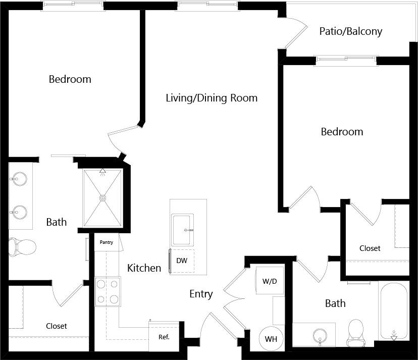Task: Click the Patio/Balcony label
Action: point(350,31)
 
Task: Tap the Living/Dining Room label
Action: point(212,98)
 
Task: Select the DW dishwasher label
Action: point(182,261)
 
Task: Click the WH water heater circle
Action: point(271,339)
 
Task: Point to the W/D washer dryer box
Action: point(269,281)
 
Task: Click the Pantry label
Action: point(106,242)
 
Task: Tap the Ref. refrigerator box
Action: point(164,337)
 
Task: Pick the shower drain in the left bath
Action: point(103,198)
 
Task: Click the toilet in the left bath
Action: point(22,247)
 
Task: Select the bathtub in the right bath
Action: point(394,311)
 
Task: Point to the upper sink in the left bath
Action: point(19,179)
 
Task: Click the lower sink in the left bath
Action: point(19,212)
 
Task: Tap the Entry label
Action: point(201,294)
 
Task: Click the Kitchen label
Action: point(144,268)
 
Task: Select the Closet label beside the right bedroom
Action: point(370,248)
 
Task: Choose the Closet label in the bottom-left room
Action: point(56,326)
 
